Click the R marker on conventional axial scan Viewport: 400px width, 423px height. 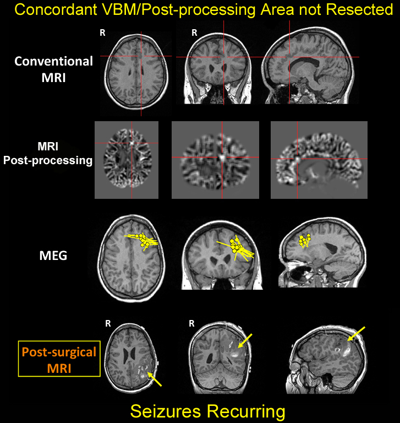[x=102, y=33]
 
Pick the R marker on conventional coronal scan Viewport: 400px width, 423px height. [x=194, y=33]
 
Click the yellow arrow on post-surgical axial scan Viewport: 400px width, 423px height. [x=155, y=379]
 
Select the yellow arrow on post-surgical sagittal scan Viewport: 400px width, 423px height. [x=355, y=333]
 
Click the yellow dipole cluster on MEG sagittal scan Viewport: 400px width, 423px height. [x=304, y=241]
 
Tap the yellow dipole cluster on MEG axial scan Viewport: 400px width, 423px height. [x=144, y=240]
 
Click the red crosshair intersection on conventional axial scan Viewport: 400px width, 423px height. [x=141, y=56]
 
